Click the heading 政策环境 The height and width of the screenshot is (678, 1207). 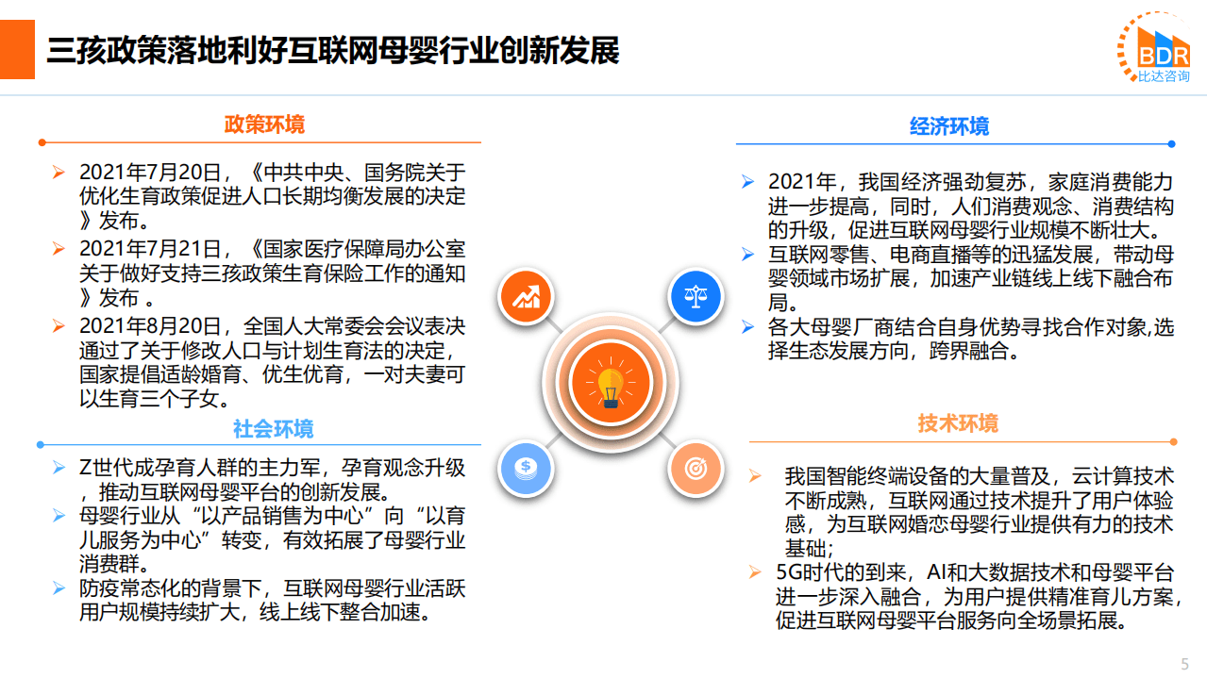(x=264, y=125)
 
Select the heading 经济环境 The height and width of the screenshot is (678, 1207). (x=949, y=127)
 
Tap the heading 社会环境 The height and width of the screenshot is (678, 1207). (x=274, y=430)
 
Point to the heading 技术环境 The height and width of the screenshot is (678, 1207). (x=958, y=424)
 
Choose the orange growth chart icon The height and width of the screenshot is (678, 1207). (x=525, y=299)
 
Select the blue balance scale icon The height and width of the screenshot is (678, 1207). (x=696, y=297)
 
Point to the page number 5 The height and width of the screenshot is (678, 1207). (x=1185, y=662)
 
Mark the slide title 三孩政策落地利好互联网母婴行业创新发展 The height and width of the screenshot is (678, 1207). (x=333, y=51)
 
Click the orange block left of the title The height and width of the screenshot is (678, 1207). (x=17, y=50)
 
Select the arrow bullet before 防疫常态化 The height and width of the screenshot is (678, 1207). (x=59, y=589)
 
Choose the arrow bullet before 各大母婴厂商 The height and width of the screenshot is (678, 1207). (x=748, y=327)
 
